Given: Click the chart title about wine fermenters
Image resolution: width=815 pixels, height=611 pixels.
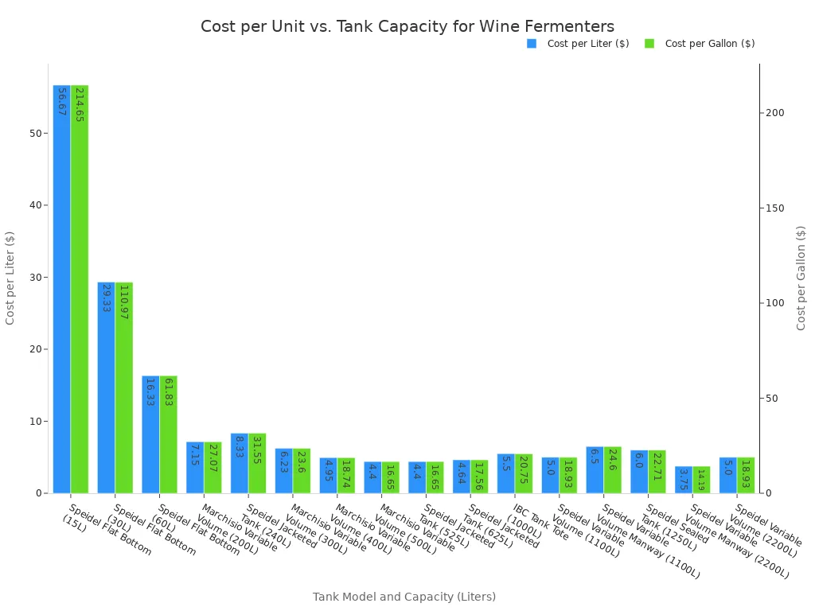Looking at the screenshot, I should coord(407,26).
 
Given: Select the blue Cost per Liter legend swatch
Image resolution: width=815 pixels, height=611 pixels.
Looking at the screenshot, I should coord(532,44).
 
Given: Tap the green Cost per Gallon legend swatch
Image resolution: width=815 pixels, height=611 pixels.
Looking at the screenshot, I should coord(649,44).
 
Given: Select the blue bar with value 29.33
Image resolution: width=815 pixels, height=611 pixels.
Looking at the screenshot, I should coord(106,387).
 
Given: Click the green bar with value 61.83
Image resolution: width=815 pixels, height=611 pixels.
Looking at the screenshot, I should coord(168,434).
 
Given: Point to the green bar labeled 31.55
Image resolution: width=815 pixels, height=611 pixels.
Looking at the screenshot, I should coord(257,463).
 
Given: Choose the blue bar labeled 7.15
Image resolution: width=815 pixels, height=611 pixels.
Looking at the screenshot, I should coord(195,468).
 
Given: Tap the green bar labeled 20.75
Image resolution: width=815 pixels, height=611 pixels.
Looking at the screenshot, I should coord(524,473).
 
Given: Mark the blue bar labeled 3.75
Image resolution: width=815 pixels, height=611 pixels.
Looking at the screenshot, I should coord(684,480).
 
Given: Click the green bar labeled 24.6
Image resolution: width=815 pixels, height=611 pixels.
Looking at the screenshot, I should coord(613,470).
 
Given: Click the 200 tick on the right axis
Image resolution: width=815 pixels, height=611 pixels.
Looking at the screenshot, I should coord(774,113).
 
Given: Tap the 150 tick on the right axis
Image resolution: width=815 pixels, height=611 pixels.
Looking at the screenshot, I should coord(774,208).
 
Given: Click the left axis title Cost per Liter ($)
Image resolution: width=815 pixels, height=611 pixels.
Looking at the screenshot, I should coord(10,278).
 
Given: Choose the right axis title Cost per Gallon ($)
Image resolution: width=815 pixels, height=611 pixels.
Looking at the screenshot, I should coord(801,278).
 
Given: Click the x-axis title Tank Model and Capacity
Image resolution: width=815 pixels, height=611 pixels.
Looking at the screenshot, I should coord(404,597).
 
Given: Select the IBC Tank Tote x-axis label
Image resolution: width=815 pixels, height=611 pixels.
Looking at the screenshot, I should coord(540,522).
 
